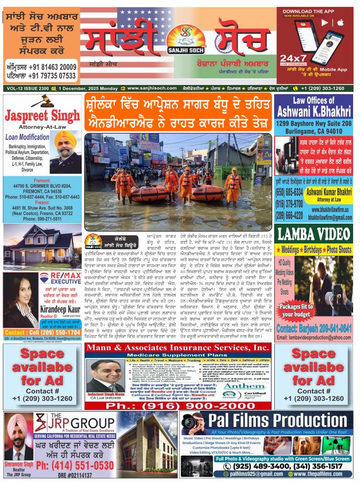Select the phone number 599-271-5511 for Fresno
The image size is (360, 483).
click(42, 219)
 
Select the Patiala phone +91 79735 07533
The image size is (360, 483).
click(41, 76)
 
